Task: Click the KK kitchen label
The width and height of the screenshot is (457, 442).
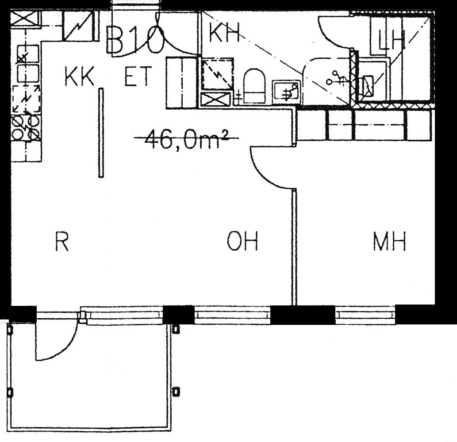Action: pyautogui.click(x=79, y=76)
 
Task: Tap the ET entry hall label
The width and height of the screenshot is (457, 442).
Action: pyautogui.click(x=138, y=76)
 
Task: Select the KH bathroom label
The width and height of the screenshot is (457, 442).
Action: pyautogui.click(x=224, y=32)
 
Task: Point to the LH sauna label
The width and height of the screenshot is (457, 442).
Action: pyautogui.click(x=392, y=40)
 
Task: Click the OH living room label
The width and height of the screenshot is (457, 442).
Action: pyautogui.click(x=242, y=241)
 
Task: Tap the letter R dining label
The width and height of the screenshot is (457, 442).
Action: pyautogui.click(x=62, y=241)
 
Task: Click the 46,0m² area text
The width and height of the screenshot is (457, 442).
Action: pyautogui.click(x=186, y=139)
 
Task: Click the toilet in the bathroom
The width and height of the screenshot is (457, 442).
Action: pyautogui.click(x=254, y=86)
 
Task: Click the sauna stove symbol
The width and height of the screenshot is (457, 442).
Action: pyautogui.click(x=367, y=86)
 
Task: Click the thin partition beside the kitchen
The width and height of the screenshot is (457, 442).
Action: pyautogui.click(x=101, y=133)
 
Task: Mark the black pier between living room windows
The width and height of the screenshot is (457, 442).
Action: pyautogui.click(x=178, y=315)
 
